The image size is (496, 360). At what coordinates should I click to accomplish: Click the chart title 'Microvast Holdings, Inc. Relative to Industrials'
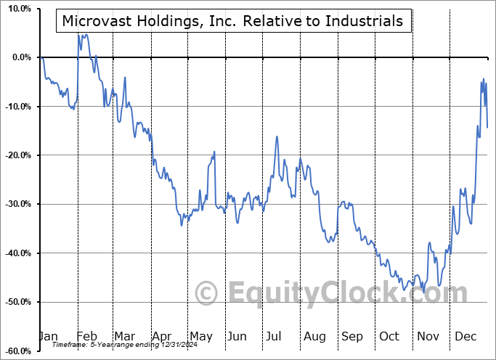click(x=232, y=21)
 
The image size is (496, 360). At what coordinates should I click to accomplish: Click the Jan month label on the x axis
click(x=48, y=337)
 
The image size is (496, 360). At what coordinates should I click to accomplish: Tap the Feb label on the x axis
click(x=87, y=337)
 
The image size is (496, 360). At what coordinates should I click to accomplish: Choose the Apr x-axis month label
click(x=162, y=337)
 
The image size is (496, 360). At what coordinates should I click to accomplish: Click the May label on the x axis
click(x=200, y=337)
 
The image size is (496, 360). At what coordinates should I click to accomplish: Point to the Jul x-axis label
click(x=275, y=337)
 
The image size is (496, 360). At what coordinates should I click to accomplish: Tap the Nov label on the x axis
click(x=428, y=337)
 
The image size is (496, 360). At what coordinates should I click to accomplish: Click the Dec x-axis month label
click(x=465, y=337)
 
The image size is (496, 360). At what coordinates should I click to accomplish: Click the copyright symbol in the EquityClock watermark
click(x=207, y=294)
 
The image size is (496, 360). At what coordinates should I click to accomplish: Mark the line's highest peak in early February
click(x=78, y=33)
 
